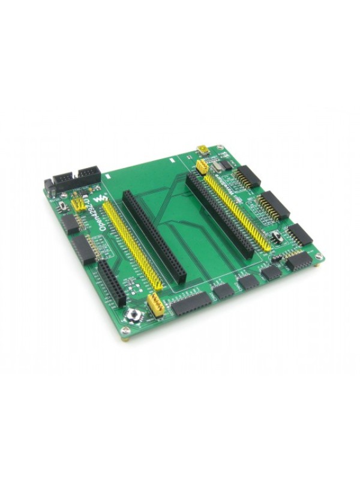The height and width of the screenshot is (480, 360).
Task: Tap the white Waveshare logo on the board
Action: click(105, 197)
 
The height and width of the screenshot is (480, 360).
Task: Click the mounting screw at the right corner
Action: click(320, 257)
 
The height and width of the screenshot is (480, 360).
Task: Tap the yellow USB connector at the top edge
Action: click(203, 150)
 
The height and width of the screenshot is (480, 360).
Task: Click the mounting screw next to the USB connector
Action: click(220, 146)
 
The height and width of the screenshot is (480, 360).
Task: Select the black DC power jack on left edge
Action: click(50, 186)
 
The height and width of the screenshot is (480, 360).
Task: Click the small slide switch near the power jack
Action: click(64, 206)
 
